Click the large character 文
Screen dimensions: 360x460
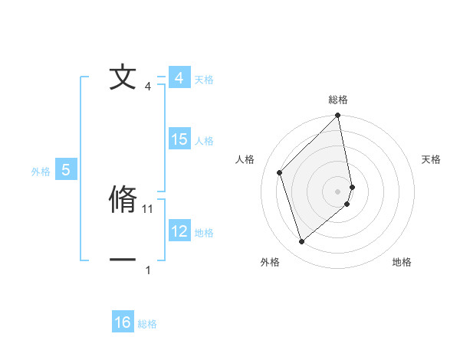click(x=123, y=78)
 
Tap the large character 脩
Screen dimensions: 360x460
click(x=123, y=199)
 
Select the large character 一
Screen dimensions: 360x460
click(x=123, y=260)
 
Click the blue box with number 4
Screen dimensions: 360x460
click(x=179, y=78)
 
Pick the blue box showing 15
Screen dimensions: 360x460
click(x=179, y=139)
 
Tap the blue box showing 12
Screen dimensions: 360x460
click(x=179, y=231)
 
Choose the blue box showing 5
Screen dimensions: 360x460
click(x=66, y=170)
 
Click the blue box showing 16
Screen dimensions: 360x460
click(x=123, y=322)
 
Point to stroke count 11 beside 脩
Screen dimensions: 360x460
click(x=149, y=208)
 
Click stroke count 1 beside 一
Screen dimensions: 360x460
click(x=148, y=270)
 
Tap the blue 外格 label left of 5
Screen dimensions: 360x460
click(x=41, y=172)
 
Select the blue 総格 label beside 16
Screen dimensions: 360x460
click(x=147, y=324)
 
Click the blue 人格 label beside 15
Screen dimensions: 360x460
click(x=204, y=141)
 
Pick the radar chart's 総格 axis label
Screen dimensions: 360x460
click(x=338, y=100)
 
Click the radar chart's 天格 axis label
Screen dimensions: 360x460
click(x=432, y=159)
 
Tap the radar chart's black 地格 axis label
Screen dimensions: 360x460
click(x=402, y=262)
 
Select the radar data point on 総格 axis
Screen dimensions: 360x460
click(x=338, y=116)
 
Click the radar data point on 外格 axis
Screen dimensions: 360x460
click(x=302, y=242)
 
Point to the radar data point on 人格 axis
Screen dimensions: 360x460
click(x=280, y=172)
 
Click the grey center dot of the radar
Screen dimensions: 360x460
click(x=338, y=191)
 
